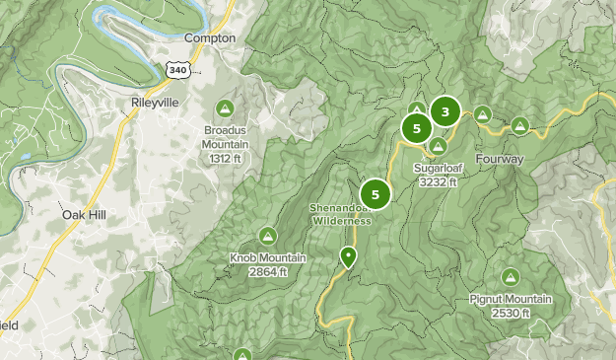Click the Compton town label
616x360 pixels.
click(x=211, y=37)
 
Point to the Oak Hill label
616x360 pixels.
click(x=83, y=214)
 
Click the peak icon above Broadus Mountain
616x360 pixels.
click(x=225, y=108)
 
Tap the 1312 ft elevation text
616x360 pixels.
click(x=225, y=158)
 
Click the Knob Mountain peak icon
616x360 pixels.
click(x=267, y=235)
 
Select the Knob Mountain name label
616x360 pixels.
click(x=267, y=258)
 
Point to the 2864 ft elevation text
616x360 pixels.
click(x=267, y=272)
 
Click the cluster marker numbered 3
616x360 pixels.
click(x=445, y=111)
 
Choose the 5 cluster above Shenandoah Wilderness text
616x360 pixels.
click(x=376, y=193)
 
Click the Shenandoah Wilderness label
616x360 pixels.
click(x=341, y=215)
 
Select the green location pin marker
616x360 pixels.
click(x=347, y=257)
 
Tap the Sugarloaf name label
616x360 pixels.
click(x=439, y=169)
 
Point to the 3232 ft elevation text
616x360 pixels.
click(x=439, y=182)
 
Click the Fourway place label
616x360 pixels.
click(x=499, y=159)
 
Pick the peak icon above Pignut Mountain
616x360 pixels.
click(x=511, y=277)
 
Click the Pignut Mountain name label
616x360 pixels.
click(x=511, y=300)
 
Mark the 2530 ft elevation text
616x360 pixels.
click(x=511, y=314)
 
